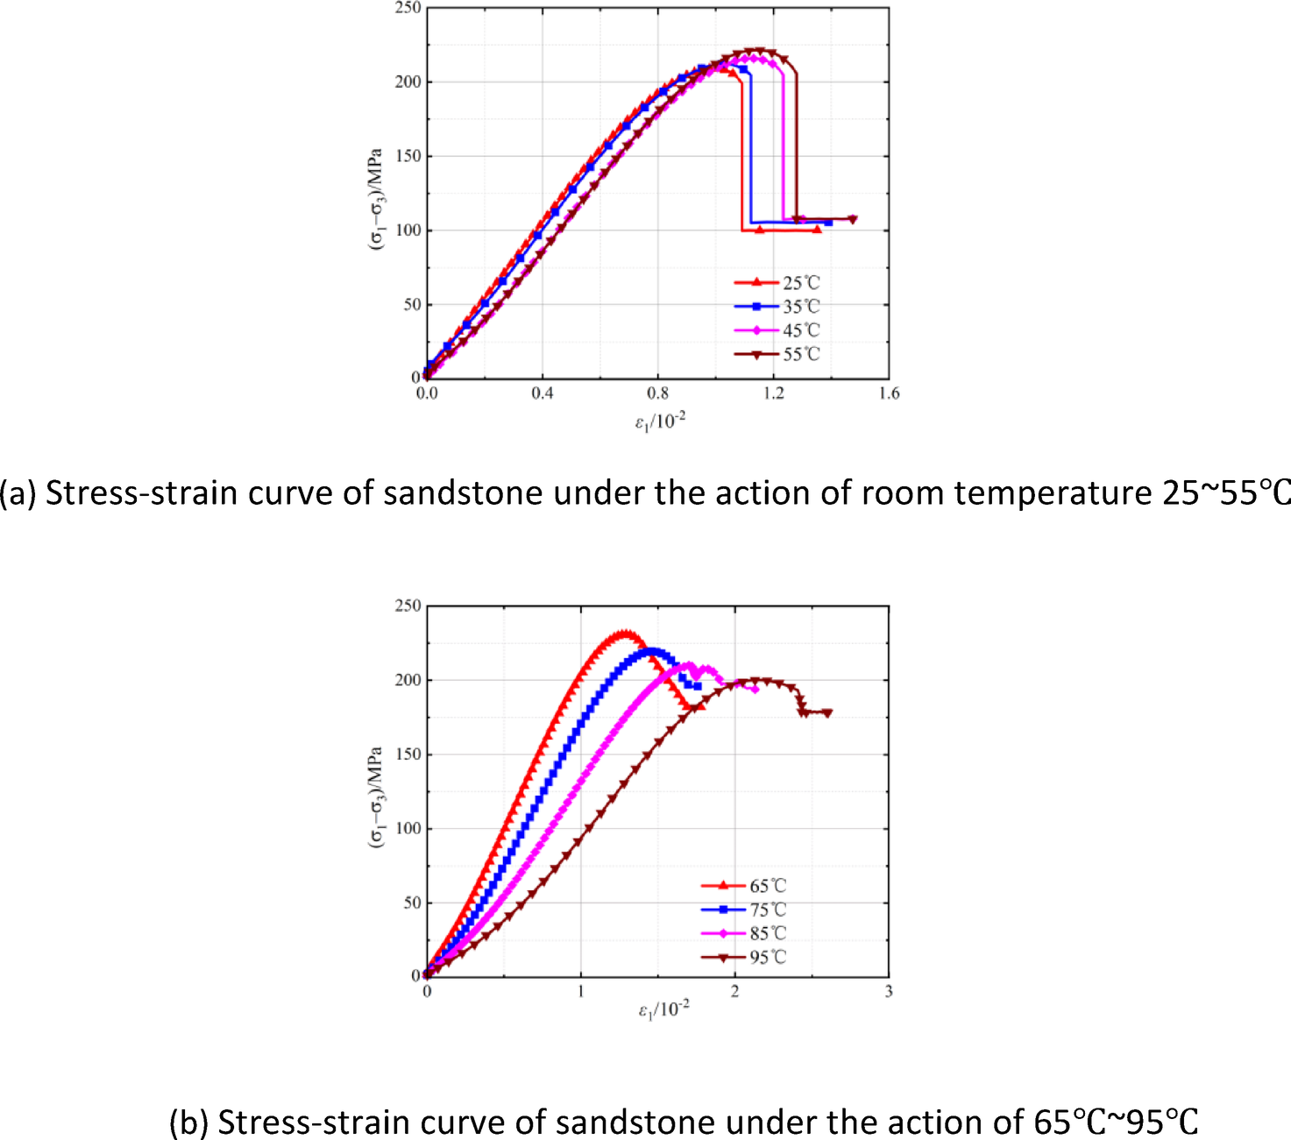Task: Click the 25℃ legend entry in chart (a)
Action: [x=800, y=283]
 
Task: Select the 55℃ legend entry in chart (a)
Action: [x=800, y=355]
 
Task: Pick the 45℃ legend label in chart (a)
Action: [x=800, y=330]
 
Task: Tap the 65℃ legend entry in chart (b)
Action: [x=767, y=886]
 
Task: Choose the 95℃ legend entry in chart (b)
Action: [x=767, y=958]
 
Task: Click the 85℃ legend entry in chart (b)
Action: [x=767, y=934]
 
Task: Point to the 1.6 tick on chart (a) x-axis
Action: [x=889, y=393]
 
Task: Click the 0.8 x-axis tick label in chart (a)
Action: [x=657, y=393]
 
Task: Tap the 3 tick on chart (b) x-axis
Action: [x=889, y=991]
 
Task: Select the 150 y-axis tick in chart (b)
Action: [x=408, y=754]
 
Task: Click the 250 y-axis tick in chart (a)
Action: [x=408, y=8]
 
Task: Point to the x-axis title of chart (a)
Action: [x=660, y=422]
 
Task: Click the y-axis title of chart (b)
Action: [x=375, y=797]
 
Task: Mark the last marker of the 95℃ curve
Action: [x=827, y=713]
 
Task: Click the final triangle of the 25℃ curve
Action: [x=817, y=230]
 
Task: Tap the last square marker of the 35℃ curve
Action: [x=829, y=223]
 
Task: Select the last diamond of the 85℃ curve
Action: [x=755, y=690]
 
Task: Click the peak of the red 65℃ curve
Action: [x=624, y=633]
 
